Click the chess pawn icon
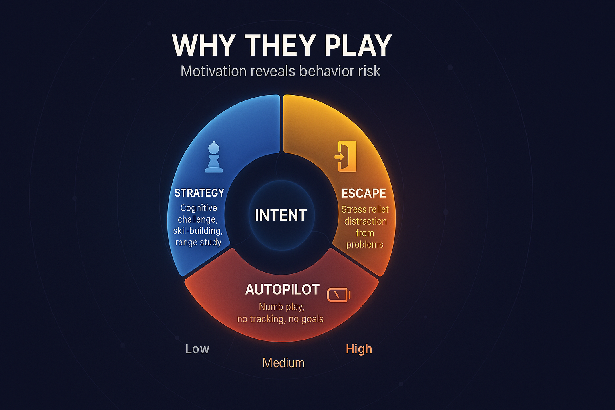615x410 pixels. (214, 157)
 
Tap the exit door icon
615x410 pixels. (346, 156)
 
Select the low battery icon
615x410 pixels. (338, 295)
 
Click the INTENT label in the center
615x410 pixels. (281, 215)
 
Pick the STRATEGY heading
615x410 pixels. (199, 193)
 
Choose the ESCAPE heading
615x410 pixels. (364, 193)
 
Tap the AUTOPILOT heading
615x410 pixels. (282, 289)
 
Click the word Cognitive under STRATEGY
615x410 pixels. (199, 208)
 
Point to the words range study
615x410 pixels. (198, 242)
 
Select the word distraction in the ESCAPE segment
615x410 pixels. (365, 221)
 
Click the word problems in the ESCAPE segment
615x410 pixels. (365, 244)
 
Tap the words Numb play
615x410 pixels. (282, 307)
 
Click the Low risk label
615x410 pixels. (197, 349)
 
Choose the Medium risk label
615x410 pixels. (283, 363)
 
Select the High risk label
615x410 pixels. (359, 349)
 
